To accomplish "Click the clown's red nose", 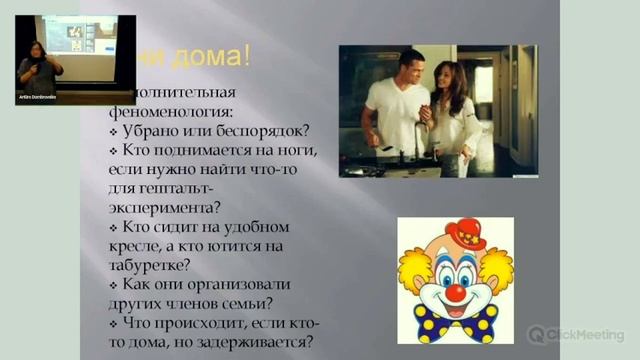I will [455, 292].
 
